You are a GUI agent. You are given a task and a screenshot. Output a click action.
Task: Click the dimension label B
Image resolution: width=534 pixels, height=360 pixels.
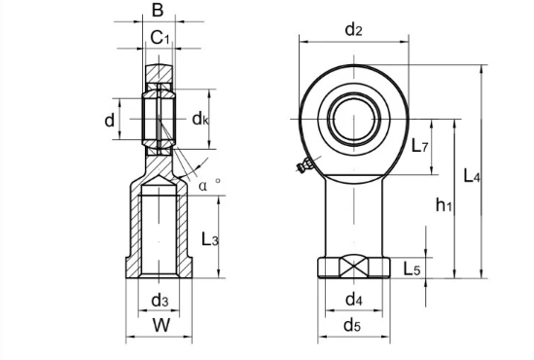[158, 11]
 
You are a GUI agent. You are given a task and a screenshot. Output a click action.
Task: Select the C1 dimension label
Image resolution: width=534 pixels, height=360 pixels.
[160, 38]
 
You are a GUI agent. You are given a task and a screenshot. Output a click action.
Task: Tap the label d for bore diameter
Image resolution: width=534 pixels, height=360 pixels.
[109, 120]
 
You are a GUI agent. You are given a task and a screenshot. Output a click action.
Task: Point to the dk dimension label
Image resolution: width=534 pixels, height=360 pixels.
[200, 119]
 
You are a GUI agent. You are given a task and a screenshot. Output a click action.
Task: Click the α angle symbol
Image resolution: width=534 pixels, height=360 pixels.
[203, 186]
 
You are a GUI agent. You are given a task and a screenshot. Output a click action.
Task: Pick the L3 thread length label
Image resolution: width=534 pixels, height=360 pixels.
[210, 239]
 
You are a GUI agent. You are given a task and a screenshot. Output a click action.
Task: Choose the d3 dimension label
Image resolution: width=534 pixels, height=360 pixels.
[160, 301]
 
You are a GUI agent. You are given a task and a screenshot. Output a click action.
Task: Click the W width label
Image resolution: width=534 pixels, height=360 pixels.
[160, 325]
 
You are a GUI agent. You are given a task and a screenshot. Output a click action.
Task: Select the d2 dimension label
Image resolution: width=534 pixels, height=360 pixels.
[353, 29]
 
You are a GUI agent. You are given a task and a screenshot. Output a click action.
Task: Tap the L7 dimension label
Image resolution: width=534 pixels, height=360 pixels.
[419, 146]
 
